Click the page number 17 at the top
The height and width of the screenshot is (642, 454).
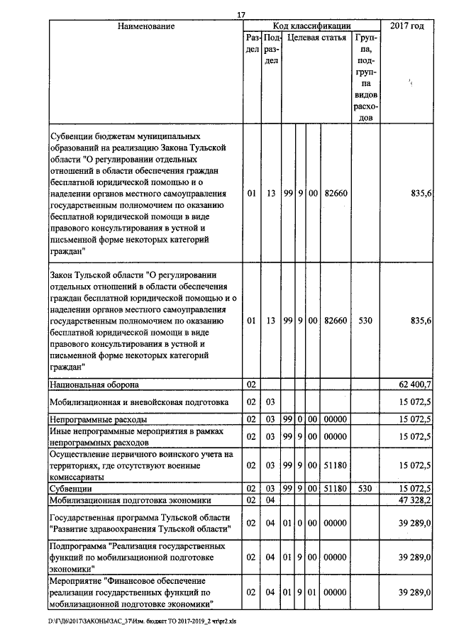242,14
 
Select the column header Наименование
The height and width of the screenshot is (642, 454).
146,26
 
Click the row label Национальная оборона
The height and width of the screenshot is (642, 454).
94,384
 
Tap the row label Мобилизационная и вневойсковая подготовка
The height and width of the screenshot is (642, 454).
138,402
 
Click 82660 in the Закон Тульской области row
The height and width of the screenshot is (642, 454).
334,321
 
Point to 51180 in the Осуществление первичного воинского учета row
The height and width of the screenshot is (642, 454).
334,466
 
